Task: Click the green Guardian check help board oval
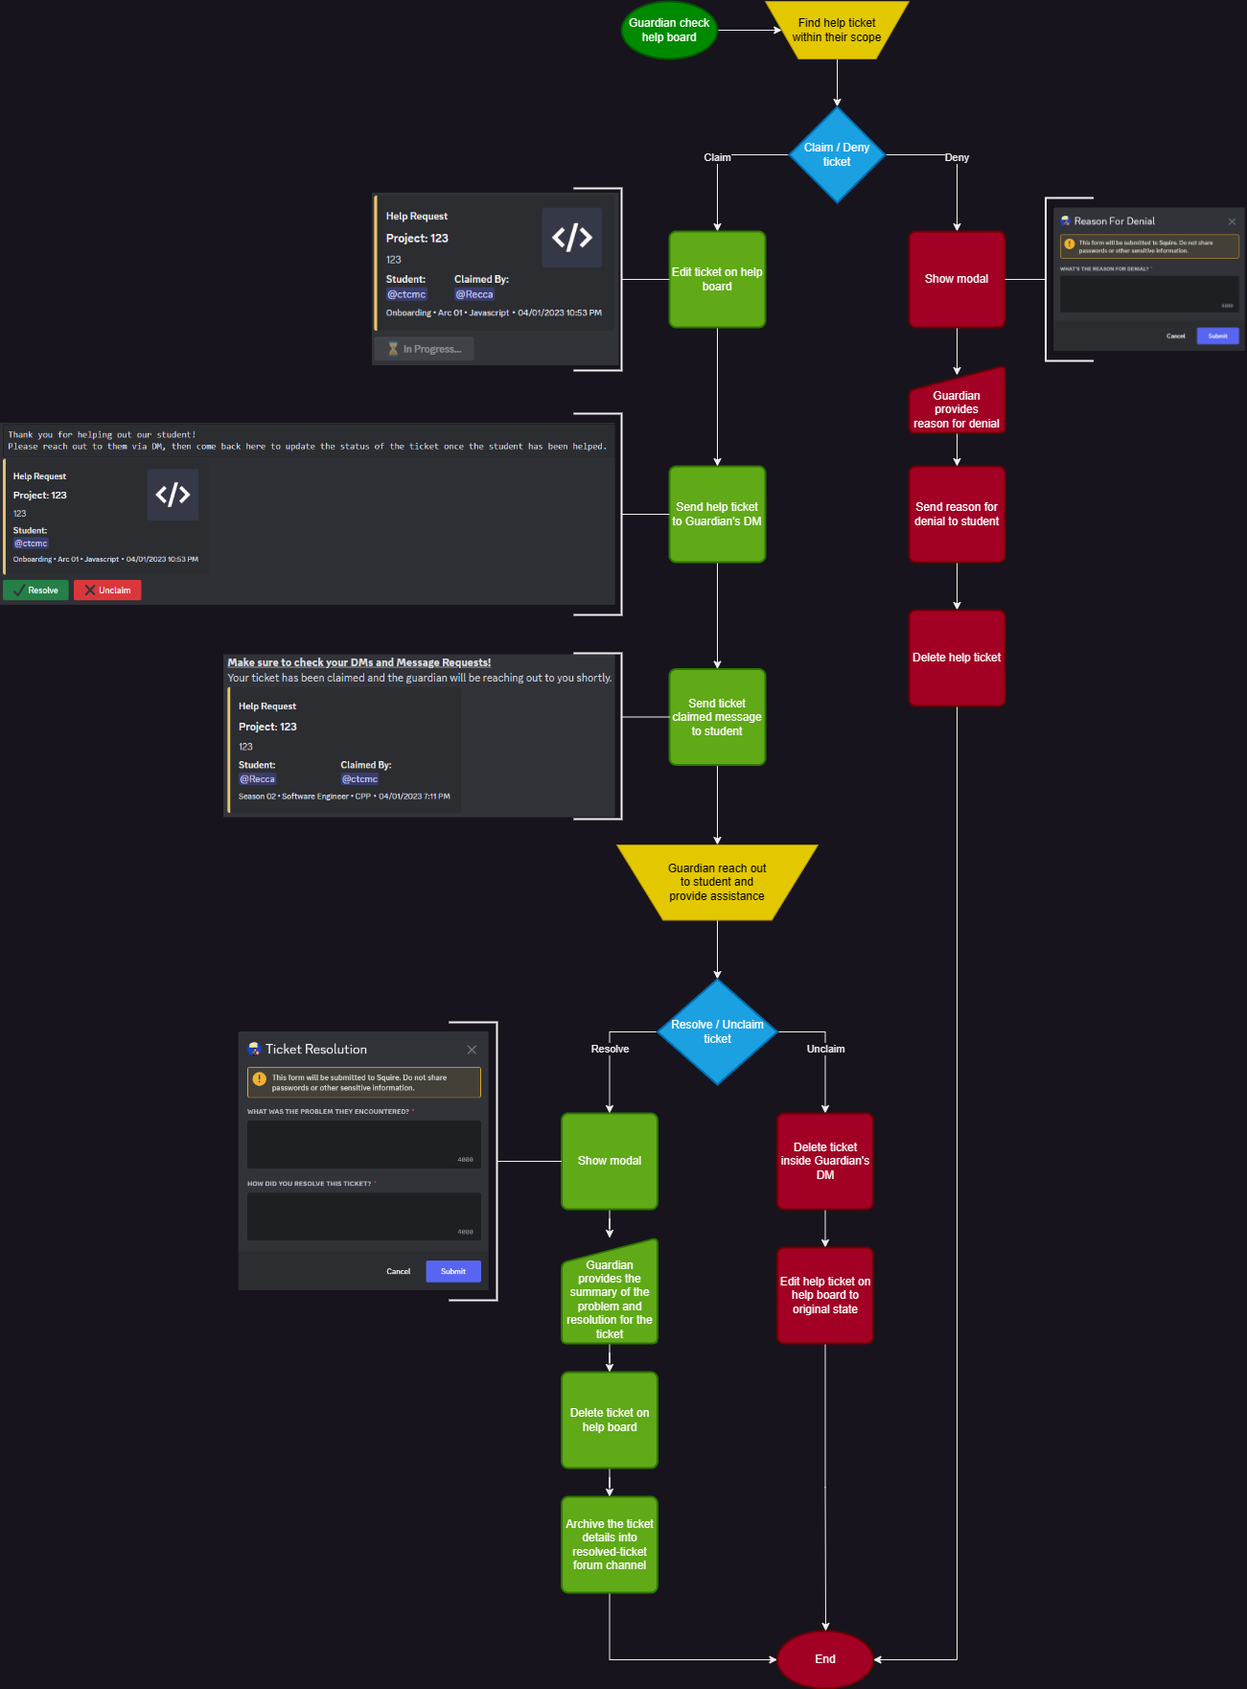pos(669,31)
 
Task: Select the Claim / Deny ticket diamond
pos(837,155)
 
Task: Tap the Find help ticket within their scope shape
pos(837,31)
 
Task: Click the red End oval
pos(825,1659)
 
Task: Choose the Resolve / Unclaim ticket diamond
pos(717,1031)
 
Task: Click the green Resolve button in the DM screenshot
pos(35,590)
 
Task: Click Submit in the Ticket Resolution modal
pos(452,1272)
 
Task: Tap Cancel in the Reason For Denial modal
pos(1175,336)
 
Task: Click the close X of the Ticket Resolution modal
pos(472,1050)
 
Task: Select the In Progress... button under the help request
pos(424,349)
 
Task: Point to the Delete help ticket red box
pos(957,658)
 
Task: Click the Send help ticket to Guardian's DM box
pos(717,514)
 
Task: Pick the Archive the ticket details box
pos(610,1544)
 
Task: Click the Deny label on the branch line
pos(957,157)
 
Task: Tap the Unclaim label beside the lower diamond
pos(825,1049)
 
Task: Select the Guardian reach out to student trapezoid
pos(717,882)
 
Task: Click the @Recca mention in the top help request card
pos(474,294)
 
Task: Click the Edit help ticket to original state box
pos(825,1295)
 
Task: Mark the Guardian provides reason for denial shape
pos(957,407)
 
